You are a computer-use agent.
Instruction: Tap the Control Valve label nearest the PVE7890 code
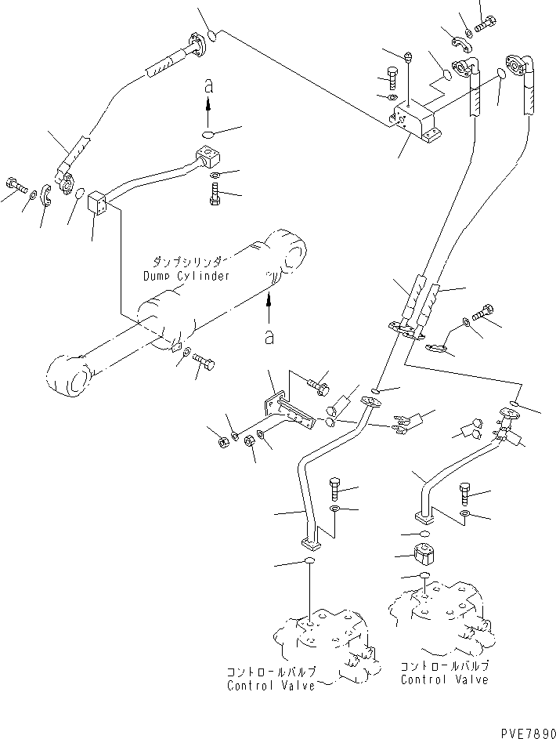(445, 673)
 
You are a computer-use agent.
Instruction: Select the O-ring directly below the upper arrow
(208, 134)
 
